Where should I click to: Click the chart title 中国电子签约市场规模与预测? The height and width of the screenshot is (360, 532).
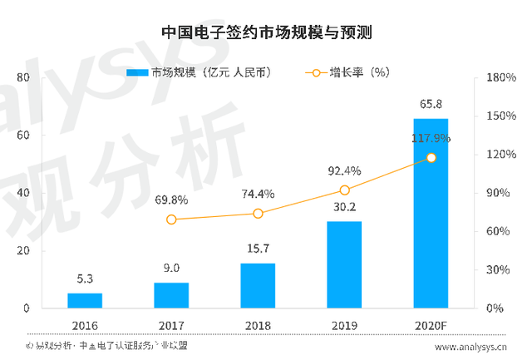tap(265, 33)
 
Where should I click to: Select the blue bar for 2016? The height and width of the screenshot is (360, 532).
tap(85, 300)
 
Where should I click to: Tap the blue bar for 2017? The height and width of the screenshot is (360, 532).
tap(171, 295)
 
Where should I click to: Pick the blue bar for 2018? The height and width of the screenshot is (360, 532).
tap(258, 285)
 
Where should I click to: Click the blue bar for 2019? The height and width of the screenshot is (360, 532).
tap(344, 264)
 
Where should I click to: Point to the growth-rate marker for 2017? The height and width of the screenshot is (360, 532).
tap(171, 219)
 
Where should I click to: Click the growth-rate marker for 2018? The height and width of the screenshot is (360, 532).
tap(258, 214)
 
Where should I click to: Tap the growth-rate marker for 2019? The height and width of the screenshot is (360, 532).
tap(344, 190)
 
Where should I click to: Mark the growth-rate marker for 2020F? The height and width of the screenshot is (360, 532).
tap(431, 158)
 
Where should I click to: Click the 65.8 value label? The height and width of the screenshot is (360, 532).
tap(431, 106)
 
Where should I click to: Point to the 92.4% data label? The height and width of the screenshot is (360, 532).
tap(344, 171)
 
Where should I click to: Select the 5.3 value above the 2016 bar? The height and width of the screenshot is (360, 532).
tap(85, 280)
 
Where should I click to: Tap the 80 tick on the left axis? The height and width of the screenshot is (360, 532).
tap(23, 78)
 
